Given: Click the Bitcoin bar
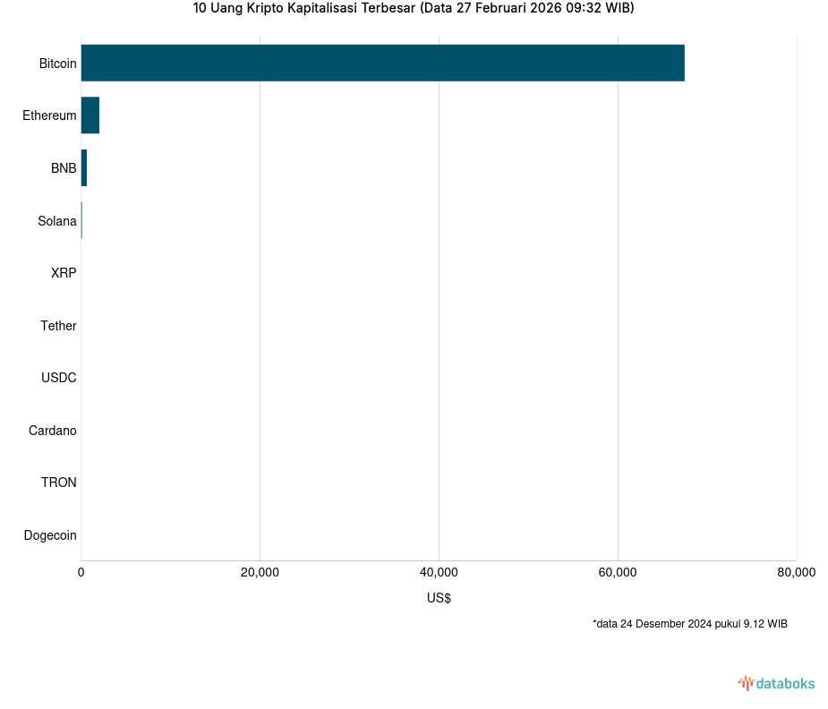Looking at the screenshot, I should click(382, 63).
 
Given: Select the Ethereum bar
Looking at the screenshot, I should click(90, 115).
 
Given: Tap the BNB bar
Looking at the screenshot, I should click(83, 168).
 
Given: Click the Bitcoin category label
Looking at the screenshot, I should click(57, 64).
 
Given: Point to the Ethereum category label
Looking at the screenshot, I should click(49, 115).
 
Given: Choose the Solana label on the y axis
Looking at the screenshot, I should click(56, 221).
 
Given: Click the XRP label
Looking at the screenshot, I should click(64, 273).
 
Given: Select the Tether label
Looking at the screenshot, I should click(58, 326).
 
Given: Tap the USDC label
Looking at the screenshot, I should click(58, 378).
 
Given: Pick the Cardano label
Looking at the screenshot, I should click(52, 431).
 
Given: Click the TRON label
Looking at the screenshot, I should click(58, 483).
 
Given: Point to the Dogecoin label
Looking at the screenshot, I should click(49, 535).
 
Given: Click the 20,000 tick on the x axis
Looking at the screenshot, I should click(260, 573).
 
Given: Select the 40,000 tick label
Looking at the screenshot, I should click(439, 573).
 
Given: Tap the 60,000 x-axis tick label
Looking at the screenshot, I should click(618, 573).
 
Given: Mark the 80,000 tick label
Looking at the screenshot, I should click(796, 573).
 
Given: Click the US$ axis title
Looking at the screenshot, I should click(439, 598).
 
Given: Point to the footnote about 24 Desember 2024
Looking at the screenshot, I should click(689, 624).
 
